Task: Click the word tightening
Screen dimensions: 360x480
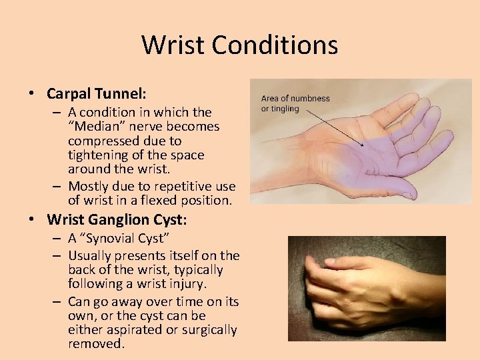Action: pos(99,155)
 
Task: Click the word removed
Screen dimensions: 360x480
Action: pos(96,344)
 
